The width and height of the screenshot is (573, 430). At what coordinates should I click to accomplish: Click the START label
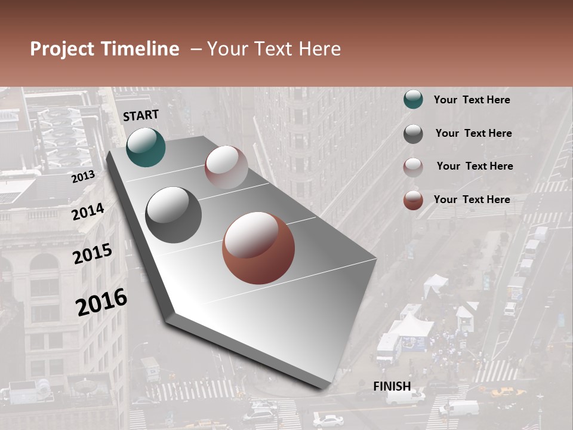coord(141,115)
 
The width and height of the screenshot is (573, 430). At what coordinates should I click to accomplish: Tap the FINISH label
coord(392,386)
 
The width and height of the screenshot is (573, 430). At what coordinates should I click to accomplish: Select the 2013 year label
coord(83,176)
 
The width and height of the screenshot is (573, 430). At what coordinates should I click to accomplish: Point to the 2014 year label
coord(88,211)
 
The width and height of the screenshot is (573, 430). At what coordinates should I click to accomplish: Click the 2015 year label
coord(93,254)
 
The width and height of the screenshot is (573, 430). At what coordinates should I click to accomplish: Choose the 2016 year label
coord(101,302)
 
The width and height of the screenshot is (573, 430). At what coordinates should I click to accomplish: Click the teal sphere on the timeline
coord(146,147)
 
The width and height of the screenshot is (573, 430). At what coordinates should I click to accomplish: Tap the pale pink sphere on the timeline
coord(226,167)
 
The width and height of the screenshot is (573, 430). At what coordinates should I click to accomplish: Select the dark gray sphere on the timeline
coord(174,215)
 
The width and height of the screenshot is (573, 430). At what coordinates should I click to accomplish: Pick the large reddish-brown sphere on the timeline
coord(258,248)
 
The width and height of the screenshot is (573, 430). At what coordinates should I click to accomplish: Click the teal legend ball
coord(413,100)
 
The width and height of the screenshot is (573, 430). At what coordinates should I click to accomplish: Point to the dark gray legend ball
coord(413,133)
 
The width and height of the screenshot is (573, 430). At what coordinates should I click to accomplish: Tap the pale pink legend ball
coord(413,167)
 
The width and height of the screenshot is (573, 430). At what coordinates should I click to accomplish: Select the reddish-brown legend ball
coord(413,200)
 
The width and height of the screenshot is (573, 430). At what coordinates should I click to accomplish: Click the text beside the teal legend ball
coord(472,100)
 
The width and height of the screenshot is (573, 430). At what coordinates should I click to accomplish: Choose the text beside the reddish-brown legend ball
coord(472,199)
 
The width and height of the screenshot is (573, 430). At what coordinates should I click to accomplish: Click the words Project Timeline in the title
coord(104,49)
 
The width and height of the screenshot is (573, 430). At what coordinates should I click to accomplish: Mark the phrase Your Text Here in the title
coord(274,49)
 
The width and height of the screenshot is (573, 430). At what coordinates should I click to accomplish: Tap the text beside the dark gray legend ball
coord(473,133)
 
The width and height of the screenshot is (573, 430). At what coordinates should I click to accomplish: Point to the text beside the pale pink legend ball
coord(475,166)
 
